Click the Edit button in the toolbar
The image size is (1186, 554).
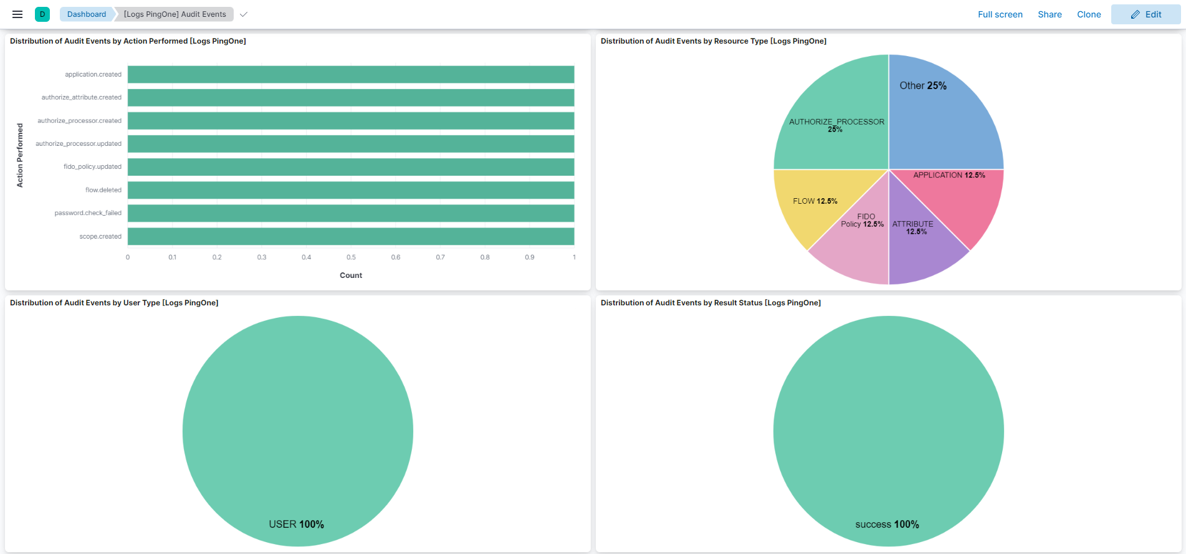(x=1145, y=14)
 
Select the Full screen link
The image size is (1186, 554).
(x=1000, y=14)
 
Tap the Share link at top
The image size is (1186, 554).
(x=1050, y=14)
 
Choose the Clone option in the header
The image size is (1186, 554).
(x=1089, y=14)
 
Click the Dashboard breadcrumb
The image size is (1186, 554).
(x=87, y=14)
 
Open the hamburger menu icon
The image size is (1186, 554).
(x=17, y=14)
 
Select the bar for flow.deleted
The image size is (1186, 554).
(x=351, y=190)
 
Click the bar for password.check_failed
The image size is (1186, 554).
(x=351, y=213)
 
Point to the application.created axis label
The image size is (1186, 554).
(x=93, y=75)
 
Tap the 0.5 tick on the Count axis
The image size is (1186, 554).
(x=351, y=257)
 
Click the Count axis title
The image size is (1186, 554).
(x=351, y=275)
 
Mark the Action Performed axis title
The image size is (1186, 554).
(x=20, y=155)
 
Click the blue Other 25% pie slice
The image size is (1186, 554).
(x=947, y=118)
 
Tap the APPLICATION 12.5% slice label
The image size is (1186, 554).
(x=949, y=175)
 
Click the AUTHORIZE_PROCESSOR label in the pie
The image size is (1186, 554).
(x=836, y=122)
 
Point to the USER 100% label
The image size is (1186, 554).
(x=297, y=525)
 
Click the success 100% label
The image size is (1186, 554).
(x=887, y=525)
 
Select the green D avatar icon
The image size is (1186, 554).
(x=42, y=14)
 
